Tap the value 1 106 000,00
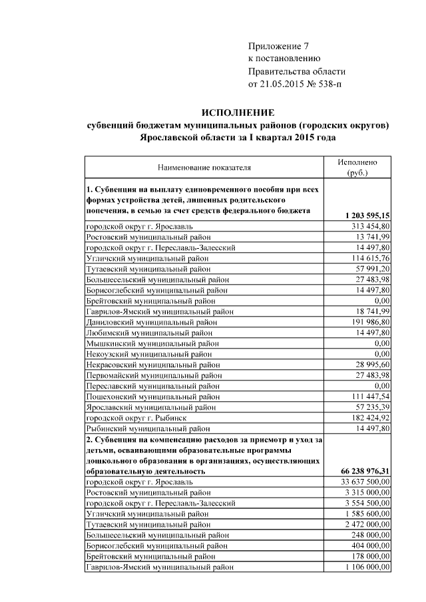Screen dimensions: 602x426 click(x=365, y=567)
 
